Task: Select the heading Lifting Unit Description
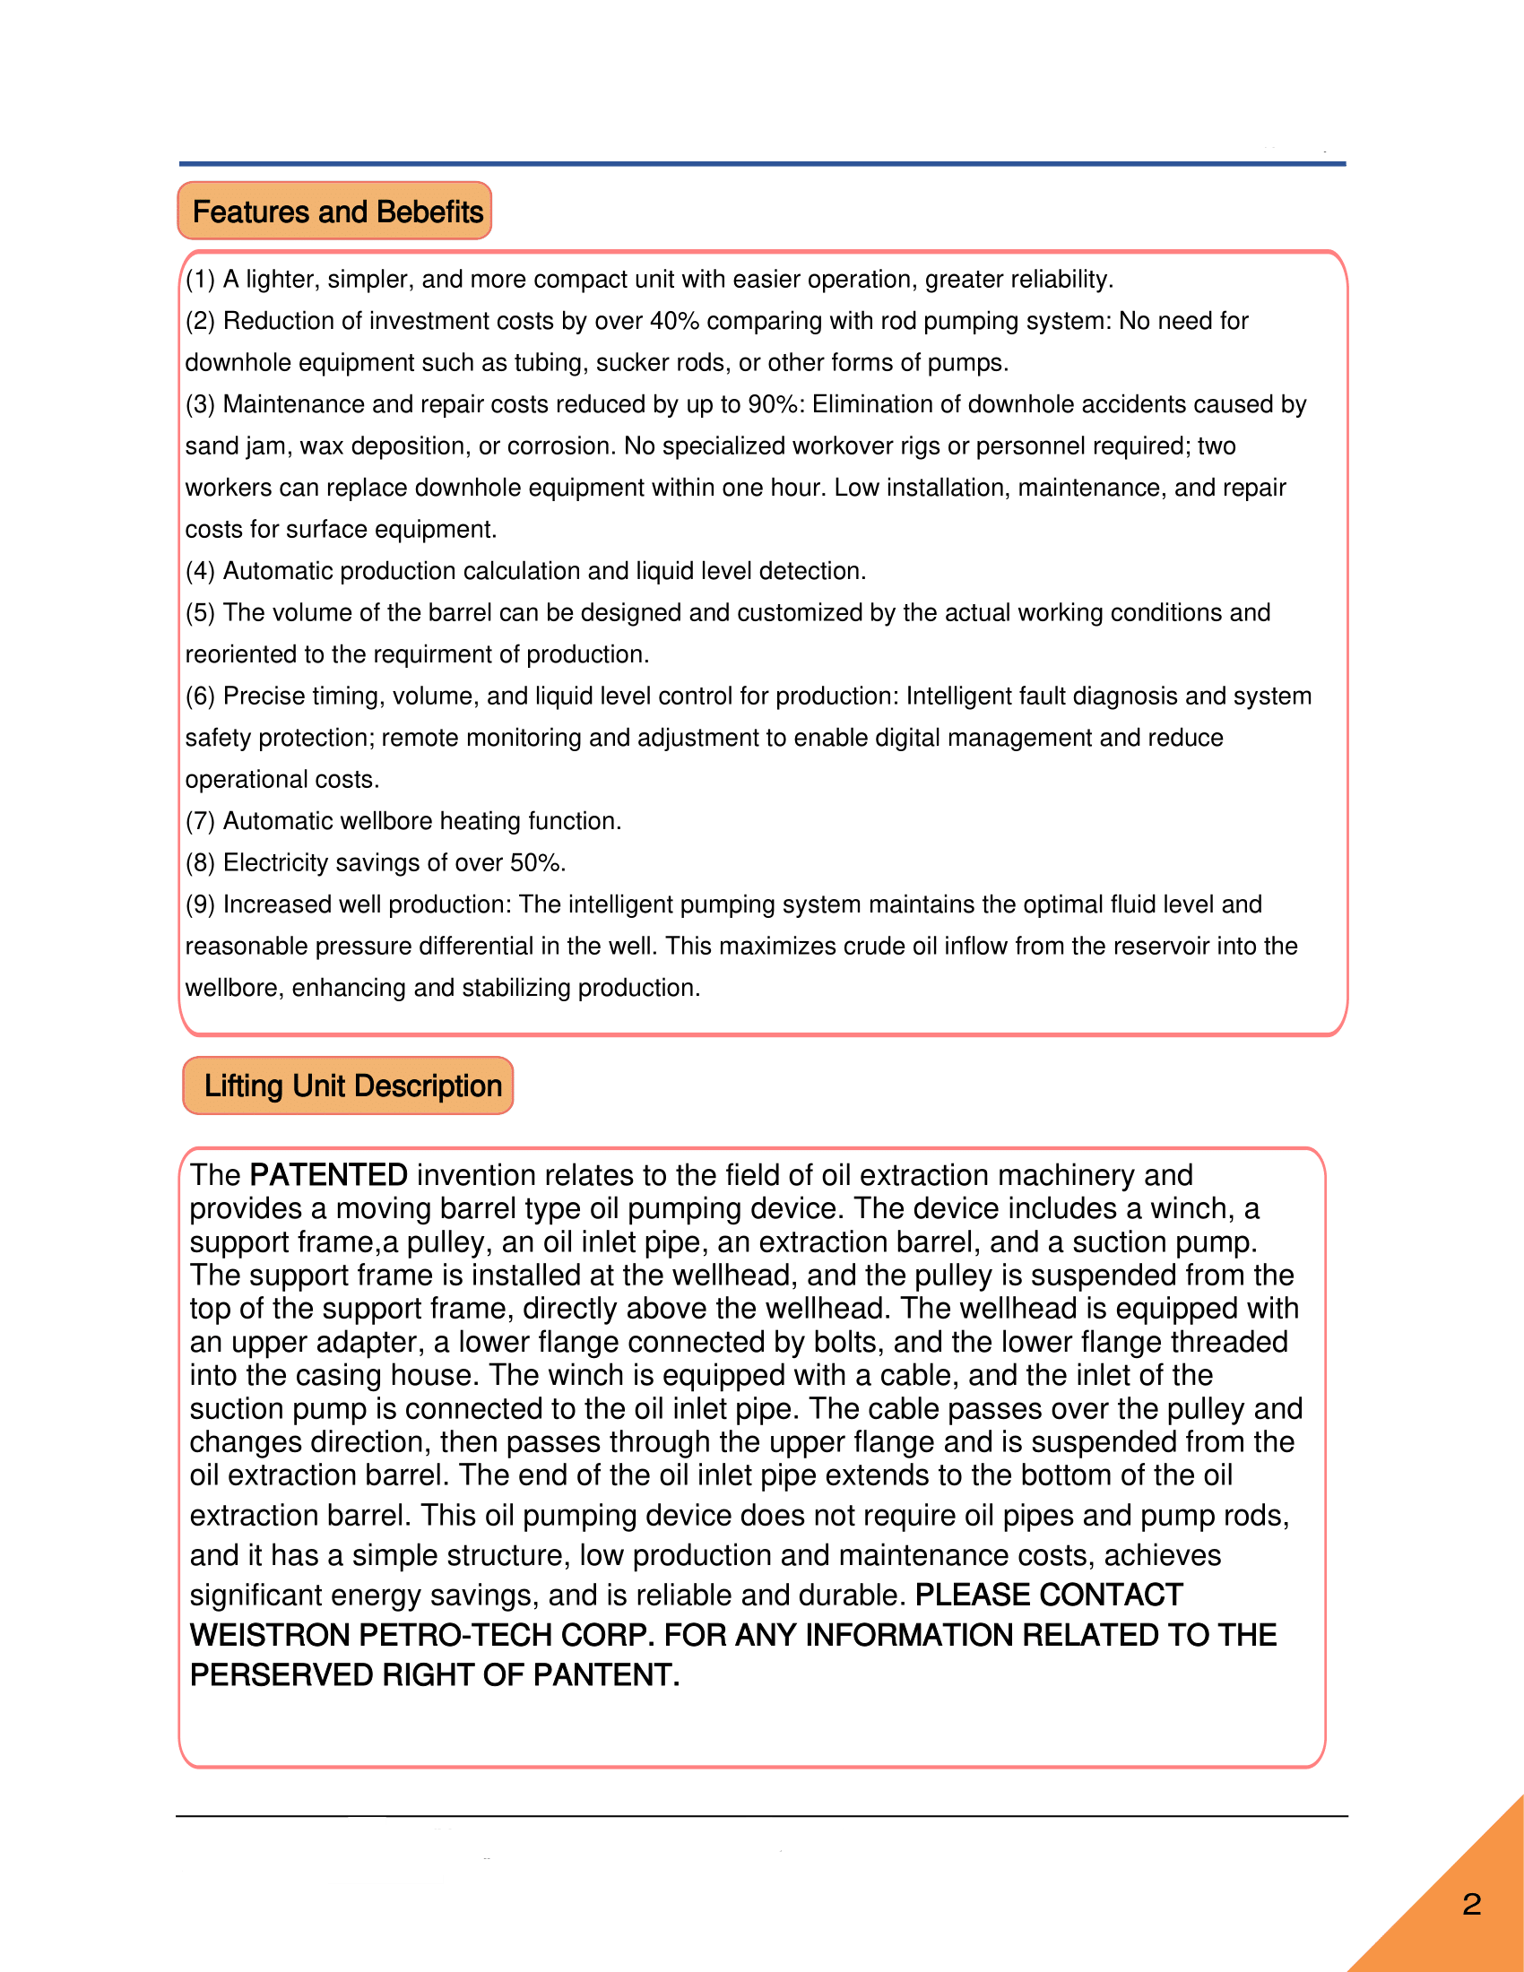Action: tap(352, 1085)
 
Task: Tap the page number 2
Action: tap(1472, 1904)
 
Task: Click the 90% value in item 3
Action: tap(775, 403)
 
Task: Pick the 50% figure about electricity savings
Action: tap(536, 862)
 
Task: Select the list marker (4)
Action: tap(200, 571)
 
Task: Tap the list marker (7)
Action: tap(200, 821)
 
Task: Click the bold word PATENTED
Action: tap(329, 1175)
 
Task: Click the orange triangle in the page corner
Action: tap(1463, 1915)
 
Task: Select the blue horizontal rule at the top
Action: tap(762, 163)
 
